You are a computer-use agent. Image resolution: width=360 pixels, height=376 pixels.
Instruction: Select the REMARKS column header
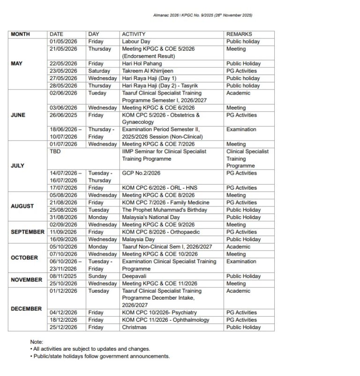click(x=239, y=34)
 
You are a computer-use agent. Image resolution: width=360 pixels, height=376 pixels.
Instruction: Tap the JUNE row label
click(x=18, y=115)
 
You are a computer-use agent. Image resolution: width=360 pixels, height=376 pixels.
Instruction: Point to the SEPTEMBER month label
click(x=27, y=232)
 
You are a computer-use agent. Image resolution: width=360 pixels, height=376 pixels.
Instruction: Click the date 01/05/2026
click(x=63, y=42)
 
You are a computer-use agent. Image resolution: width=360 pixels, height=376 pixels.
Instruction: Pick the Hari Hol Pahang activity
click(x=142, y=64)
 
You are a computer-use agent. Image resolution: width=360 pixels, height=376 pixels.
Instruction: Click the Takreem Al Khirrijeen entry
click(x=148, y=71)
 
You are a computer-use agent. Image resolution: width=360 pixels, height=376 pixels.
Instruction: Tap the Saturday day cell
click(x=99, y=71)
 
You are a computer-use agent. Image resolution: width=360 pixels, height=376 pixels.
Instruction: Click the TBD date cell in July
click(x=55, y=152)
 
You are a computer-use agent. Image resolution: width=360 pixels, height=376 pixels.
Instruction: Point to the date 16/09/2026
click(x=63, y=239)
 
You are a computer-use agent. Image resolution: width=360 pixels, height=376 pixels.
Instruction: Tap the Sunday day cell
click(x=97, y=276)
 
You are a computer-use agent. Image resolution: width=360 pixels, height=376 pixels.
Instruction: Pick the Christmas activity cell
click(x=134, y=327)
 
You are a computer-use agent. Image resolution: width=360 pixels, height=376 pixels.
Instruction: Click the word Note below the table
click(x=37, y=342)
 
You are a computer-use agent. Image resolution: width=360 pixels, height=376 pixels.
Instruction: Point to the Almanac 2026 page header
click(x=202, y=15)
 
